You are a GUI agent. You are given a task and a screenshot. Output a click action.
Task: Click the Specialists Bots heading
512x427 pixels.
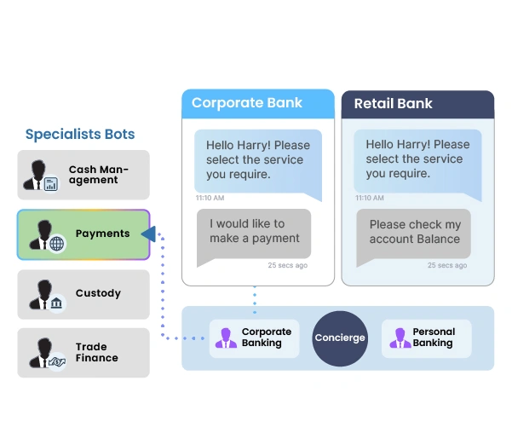click(80, 134)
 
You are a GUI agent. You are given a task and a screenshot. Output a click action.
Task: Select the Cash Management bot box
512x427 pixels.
click(83, 175)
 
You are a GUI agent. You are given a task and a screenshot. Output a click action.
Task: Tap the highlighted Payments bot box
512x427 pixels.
click(83, 234)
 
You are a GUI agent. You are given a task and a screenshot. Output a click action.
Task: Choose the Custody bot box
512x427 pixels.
click(83, 294)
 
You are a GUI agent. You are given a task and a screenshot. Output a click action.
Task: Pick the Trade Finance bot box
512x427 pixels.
click(83, 353)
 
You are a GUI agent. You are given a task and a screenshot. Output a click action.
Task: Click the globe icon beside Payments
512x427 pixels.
click(57, 244)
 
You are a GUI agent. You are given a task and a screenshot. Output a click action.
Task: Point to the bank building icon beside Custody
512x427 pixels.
click(56, 303)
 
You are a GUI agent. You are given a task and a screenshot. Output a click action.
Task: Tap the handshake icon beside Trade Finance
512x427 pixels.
click(57, 362)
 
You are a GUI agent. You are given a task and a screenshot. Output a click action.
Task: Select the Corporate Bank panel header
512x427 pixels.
click(257, 103)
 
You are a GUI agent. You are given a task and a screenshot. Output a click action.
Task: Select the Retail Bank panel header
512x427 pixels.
click(417, 104)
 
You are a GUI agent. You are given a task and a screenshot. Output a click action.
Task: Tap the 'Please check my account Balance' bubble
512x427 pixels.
click(415, 232)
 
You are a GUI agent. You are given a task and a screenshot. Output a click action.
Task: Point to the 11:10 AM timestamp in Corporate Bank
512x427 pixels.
click(210, 198)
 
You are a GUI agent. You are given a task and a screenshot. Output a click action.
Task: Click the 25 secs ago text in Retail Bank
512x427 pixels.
click(447, 265)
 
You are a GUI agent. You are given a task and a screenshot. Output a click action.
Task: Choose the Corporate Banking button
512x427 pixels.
click(254, 338)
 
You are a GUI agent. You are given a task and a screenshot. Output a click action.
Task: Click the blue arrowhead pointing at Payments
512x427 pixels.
click(147, 234)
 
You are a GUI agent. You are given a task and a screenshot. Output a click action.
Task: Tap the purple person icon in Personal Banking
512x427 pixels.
click(398, 338)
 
